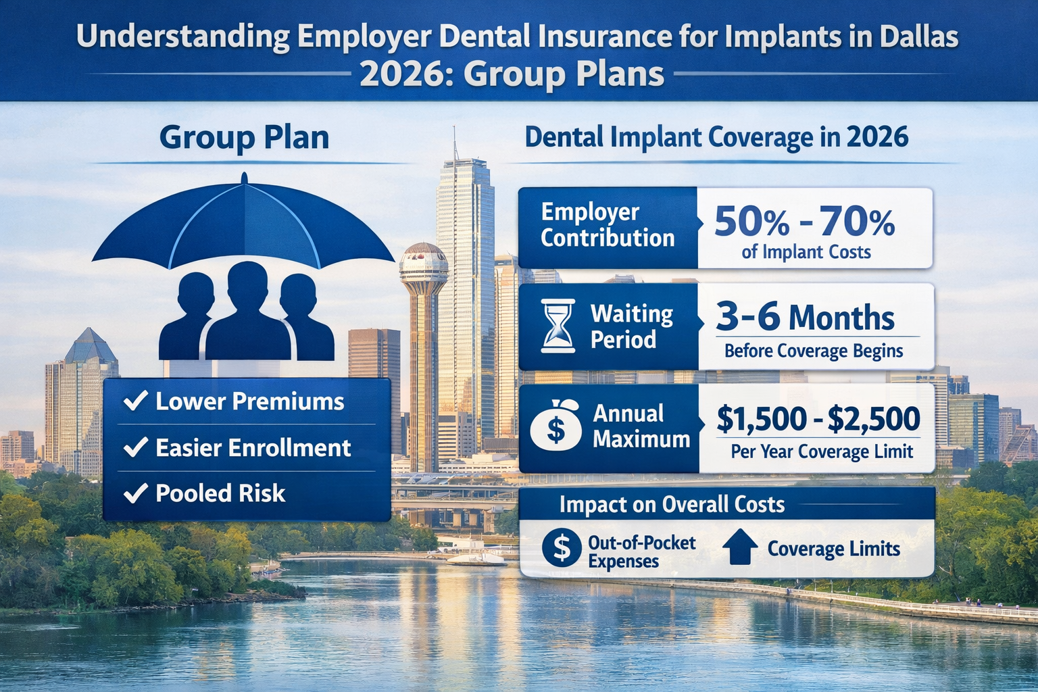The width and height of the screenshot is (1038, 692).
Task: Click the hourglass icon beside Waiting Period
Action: point(558,326)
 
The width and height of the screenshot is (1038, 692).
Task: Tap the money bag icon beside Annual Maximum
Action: point(556,426)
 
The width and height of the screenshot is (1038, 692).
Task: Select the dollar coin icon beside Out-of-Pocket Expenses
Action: point(561,548)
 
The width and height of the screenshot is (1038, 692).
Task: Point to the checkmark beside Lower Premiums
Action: point(136,401)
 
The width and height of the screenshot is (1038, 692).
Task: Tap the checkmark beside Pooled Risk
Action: point(136,493)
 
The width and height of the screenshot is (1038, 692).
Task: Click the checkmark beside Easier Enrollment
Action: point(136,447)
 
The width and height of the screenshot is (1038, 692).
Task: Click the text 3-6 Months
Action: point(805,317)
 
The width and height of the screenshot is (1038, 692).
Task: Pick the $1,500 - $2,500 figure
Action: point(818,419)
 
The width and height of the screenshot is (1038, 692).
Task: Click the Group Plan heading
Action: point(244,137)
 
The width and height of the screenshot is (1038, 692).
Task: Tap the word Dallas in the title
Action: point(918,36)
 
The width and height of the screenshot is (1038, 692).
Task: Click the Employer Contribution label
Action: point(608,225)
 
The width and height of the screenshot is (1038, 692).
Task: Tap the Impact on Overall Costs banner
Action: point(672,504)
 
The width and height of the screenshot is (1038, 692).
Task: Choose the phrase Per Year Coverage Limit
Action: point(822,451)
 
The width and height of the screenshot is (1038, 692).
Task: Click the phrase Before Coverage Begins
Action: point(814,351)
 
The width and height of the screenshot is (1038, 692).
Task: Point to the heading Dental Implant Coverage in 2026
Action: point(716,137)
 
